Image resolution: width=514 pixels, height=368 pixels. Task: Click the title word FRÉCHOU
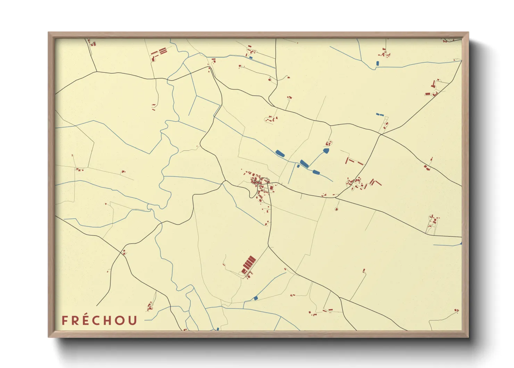coord(100,320)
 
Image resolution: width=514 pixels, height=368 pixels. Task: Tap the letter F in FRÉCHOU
coord(65,320)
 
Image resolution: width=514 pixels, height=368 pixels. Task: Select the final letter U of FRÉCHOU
coord(132,320)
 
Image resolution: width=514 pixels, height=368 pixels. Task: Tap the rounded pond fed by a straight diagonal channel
coord(326,151)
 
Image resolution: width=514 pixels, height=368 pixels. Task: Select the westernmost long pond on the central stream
coord(280,153)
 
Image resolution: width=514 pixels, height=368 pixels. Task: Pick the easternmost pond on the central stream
coord(316,172)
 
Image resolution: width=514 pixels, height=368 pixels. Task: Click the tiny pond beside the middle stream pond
coord(298,166)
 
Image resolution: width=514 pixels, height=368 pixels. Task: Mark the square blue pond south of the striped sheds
coord(256,298)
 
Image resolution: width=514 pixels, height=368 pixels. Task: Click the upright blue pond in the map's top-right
coord(378,63)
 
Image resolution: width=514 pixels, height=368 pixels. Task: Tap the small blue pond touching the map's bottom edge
coord(218,329)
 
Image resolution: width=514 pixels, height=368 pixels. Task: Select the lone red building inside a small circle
coord(336,209)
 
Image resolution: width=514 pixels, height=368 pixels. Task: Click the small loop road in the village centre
coord(265,181)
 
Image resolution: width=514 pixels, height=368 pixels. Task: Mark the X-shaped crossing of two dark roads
coord(381,134)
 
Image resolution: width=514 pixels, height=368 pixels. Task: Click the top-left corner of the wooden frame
coord(49,33)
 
